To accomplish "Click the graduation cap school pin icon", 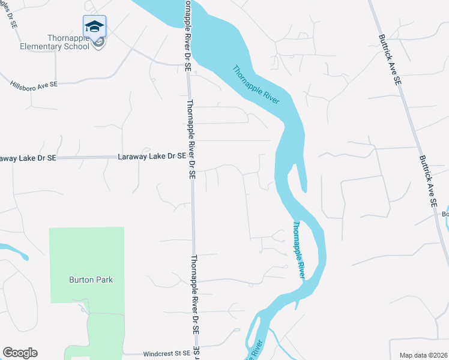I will [95, 26].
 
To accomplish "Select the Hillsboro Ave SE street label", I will [34, 85].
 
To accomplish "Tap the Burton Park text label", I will [91, 280].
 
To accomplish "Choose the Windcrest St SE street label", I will [166, 354].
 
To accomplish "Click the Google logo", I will [20, 353].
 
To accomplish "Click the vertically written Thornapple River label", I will [299, 250].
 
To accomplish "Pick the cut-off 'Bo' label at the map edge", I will [445, 214].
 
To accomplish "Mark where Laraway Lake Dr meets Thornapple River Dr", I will [191, 157].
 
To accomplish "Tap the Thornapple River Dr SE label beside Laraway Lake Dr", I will [190, 140].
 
